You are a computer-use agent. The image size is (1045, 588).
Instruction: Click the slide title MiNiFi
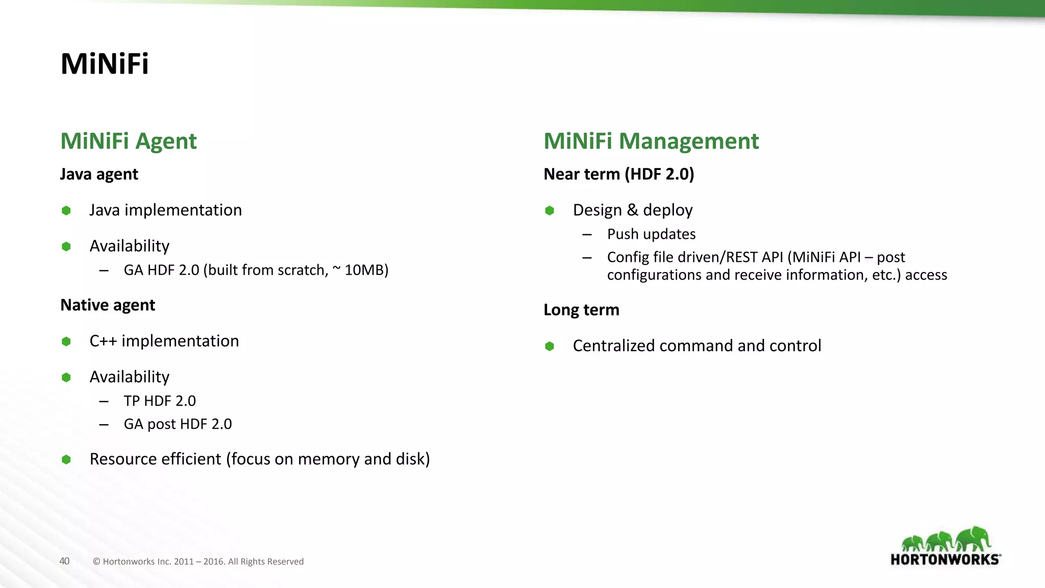105,64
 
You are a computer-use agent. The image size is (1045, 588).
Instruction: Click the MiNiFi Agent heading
129,141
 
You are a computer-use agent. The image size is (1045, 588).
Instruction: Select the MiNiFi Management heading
651,141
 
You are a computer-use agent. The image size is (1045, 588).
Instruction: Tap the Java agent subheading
99,175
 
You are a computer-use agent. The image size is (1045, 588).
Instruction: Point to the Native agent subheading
108,305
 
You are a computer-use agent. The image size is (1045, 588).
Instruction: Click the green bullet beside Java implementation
66,211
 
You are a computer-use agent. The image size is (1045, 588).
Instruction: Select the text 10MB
366,270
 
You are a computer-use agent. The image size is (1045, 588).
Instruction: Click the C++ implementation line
164,341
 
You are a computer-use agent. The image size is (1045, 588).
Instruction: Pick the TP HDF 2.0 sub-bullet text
160,401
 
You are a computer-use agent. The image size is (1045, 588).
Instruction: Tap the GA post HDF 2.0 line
178,424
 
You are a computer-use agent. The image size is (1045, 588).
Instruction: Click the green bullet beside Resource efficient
66,459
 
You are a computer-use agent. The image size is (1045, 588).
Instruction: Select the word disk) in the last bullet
413,459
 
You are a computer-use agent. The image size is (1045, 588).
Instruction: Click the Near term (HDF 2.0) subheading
618,175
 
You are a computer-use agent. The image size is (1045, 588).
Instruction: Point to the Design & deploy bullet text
633,210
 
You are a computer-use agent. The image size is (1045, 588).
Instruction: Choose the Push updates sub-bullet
651,234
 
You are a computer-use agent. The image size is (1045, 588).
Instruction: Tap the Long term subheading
581,310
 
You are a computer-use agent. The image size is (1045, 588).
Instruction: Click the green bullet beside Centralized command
550,347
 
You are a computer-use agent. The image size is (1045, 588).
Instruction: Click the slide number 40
64,561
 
